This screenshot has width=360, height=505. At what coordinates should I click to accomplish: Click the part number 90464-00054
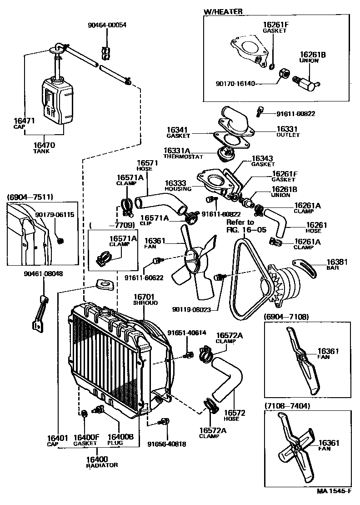pos(107,25)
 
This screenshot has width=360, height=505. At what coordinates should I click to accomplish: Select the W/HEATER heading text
pos(223,11)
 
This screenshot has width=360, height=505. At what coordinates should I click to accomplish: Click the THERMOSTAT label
pos(183,157)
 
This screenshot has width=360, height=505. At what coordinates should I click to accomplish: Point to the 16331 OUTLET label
pos(288,131)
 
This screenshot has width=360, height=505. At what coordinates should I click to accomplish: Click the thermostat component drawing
pos(225,154)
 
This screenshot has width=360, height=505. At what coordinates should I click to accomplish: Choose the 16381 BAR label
pos(337,264)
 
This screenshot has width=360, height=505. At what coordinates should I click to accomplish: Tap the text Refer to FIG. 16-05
pos(242,226)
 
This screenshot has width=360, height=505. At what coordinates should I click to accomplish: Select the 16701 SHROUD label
pos(145,299)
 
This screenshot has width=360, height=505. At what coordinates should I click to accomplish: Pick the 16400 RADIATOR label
pos(102,462)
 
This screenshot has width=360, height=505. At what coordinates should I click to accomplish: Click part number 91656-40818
pos(167,444)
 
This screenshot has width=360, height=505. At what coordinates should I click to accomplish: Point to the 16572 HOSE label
pos(235,415)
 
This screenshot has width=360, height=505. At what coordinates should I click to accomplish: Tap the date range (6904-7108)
pos(286,317)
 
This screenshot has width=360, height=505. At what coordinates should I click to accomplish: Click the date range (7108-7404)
pos(287,406)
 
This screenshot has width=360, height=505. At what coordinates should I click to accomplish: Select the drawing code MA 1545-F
pos(334,500)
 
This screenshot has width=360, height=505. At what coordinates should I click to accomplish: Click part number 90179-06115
pos(55,214)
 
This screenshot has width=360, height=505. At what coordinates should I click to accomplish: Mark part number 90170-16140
pos(235,84)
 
